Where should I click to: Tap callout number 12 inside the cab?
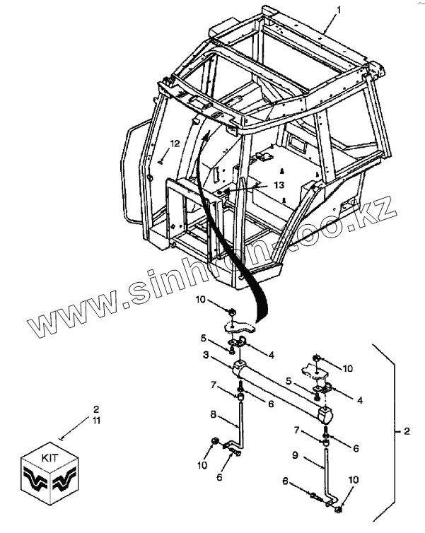coord(175,143)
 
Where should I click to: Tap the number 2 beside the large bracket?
coord(406,430)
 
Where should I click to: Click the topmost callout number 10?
coord(201,300)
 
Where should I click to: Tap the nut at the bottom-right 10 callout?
coord(339,508)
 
